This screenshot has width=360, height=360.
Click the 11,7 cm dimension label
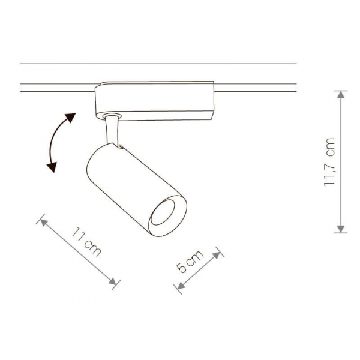click(329, 163)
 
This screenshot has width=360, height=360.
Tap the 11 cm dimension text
click(86, 242)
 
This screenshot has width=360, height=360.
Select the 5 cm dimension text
click(190, 261)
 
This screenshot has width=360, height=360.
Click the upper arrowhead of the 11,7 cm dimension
click(341, 94)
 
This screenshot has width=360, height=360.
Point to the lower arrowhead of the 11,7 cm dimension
click(341, 229)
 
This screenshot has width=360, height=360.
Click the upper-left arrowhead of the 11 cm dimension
click(44, 222)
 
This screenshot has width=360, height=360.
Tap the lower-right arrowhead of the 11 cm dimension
click(113, 281)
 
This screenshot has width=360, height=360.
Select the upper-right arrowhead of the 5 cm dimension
click(217, 255)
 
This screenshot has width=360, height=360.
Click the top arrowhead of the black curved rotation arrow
click(70, 118)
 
